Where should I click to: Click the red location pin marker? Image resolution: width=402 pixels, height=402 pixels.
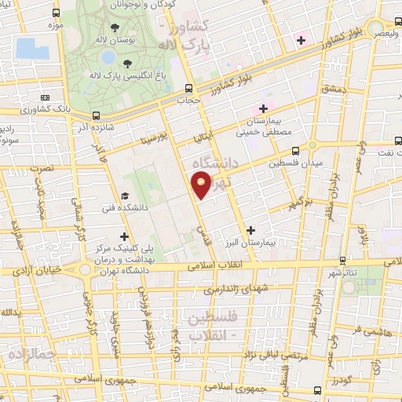pos(202,186)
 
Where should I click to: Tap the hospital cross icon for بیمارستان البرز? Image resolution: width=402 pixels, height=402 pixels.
pos(250,230)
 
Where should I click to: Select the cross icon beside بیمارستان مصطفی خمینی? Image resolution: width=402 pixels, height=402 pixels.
pos(263,108)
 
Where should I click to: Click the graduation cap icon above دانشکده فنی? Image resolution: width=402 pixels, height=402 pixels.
pos(124,196)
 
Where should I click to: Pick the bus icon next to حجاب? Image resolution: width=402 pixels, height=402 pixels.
pos(188,88)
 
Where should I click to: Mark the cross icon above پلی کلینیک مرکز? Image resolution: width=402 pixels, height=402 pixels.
pos(124,235)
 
